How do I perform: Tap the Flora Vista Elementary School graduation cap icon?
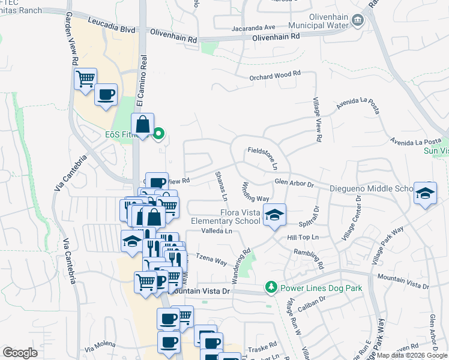(274, 214)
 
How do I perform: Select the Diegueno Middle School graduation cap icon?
(425, 193)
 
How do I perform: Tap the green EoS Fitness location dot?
(159, 134)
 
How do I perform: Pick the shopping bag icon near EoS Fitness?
(143, 125)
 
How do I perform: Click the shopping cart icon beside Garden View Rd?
(85, 78)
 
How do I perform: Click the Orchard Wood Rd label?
(274, 76)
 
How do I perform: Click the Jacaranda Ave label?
(253, 28)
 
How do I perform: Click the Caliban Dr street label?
(311, 298)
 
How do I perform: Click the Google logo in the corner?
(20, 352)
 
